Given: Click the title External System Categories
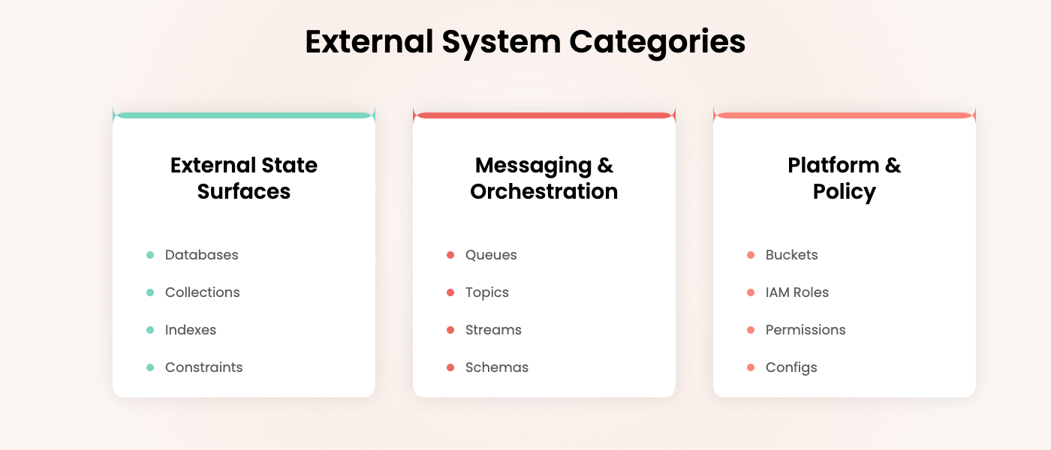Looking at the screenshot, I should [525, 42].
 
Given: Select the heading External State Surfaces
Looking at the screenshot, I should [244, 178].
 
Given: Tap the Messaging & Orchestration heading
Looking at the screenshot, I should [544, 178].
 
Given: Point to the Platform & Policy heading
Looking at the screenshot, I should [845, 178].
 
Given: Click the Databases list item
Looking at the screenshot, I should [201, 255].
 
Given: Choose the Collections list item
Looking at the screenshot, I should [202, 292].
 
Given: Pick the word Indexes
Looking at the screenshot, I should [191, 330].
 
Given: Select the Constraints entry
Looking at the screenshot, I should [203, 367].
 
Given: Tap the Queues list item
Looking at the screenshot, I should [491, 255].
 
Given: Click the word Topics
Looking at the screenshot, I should [486, 292].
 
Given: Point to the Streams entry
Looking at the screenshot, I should [493, 330].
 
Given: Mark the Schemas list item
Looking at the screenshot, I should [496, 367].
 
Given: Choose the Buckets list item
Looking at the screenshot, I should [791, 255].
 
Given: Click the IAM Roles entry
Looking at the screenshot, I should [797, 292].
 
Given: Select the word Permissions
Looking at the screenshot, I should [806, 330].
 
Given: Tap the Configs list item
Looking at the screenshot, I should [791, 367].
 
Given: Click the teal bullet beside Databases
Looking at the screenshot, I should [150, 255].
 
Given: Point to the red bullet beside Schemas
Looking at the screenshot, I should [450, 367].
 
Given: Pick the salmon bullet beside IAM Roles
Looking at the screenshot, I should [751, 292].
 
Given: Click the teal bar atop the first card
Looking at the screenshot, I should [244, 115].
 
